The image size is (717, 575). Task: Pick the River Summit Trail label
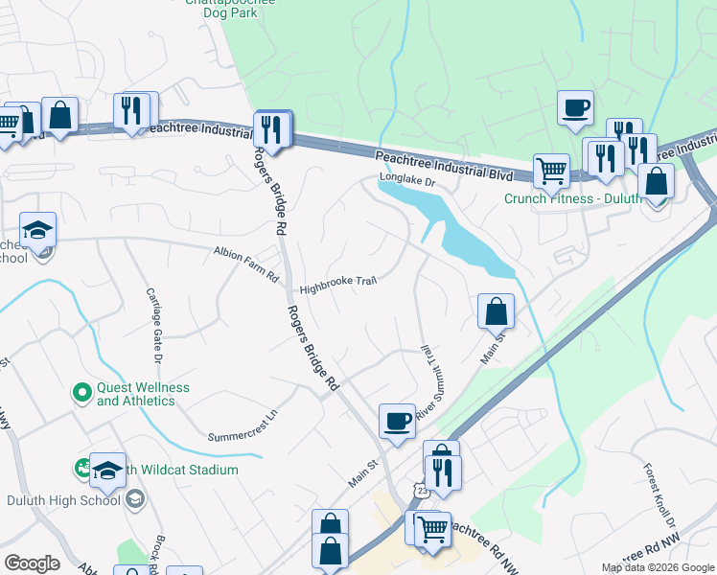point(426,379)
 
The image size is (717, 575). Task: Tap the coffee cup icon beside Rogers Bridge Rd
point(397,421)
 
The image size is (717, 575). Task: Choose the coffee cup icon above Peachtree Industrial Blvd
point(575,107)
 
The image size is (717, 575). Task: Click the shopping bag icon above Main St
point(496,310)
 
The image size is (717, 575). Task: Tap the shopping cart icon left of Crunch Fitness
point(550,172)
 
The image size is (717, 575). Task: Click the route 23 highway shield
point(423,490)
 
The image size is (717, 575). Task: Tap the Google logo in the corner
point(32,563)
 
